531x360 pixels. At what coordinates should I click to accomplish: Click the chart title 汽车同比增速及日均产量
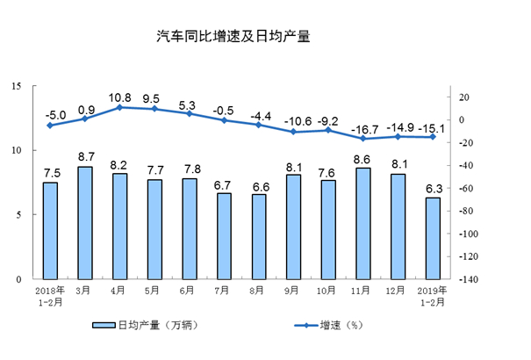coord(233,37)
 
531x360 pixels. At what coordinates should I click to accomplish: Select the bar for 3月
coord(85,223)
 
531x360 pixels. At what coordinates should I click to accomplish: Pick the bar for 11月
coord(362,224)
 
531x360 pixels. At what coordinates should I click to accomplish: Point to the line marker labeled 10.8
coord(119,107)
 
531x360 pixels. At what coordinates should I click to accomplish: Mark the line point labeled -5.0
coord(50,126)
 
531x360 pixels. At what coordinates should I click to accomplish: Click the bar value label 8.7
coord(85,157)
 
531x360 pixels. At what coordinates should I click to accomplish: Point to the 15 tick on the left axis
coord(17,86)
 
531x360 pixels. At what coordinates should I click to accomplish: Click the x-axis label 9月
coord(292,289)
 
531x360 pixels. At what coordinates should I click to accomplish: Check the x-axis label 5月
coord(154,289)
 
